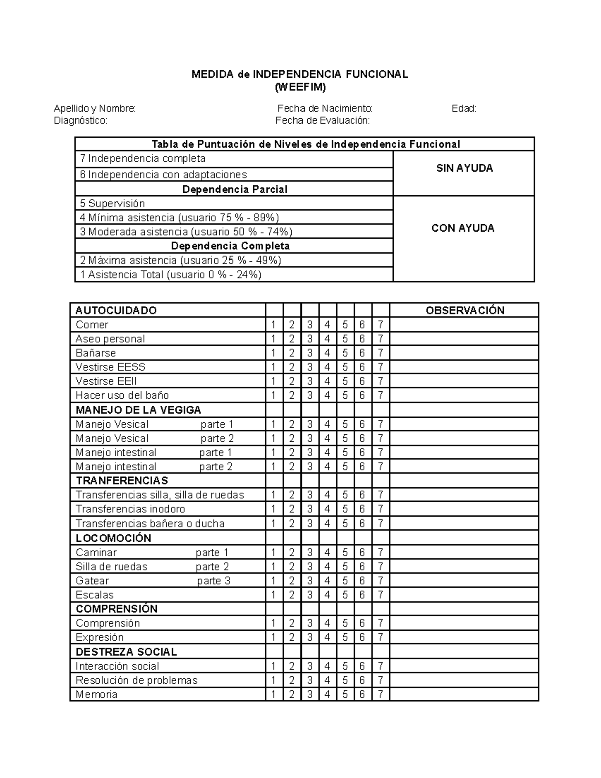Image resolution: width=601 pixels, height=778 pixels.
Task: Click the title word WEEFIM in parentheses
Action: coord(300,87)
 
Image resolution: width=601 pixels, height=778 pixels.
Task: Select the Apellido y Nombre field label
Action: coord(95,108)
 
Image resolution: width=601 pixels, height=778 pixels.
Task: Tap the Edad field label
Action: coord(464,108)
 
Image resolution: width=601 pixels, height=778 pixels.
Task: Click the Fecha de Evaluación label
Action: coord(323,120)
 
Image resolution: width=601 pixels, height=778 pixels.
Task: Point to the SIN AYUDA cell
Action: coord(464,168)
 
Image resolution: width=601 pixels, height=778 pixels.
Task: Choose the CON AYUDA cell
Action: coord(463,228)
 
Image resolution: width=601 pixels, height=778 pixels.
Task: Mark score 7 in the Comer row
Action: coord(381,325)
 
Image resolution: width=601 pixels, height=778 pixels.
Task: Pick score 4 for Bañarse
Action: coord(327,353)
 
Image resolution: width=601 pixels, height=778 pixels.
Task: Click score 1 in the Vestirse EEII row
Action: coord(274,381)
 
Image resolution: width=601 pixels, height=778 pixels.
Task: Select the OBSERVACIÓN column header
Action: coord(465,310)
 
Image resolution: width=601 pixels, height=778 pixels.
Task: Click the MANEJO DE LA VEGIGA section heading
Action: coord(138,410)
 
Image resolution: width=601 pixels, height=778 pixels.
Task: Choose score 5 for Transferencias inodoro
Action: coord(345,509)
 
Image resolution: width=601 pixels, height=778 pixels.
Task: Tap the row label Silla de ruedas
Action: coord(112,567)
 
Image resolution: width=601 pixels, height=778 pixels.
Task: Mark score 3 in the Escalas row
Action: coord(310,595)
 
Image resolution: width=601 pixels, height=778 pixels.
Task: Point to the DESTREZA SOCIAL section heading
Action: coord(126,652)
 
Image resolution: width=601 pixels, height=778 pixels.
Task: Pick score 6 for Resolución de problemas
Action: coord(362,680)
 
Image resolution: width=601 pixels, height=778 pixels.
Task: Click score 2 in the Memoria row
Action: coord(292,694)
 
